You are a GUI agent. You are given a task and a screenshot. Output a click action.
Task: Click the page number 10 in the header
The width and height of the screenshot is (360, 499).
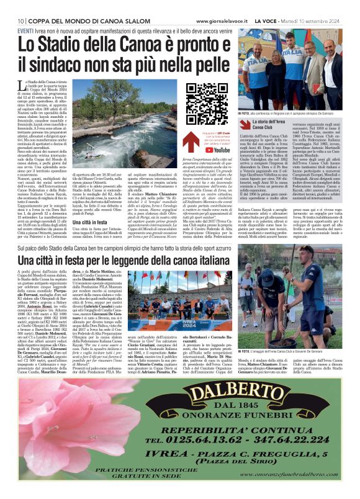pos(11,20)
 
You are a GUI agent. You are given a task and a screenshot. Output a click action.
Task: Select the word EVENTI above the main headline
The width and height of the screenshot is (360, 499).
pos(25,30)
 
